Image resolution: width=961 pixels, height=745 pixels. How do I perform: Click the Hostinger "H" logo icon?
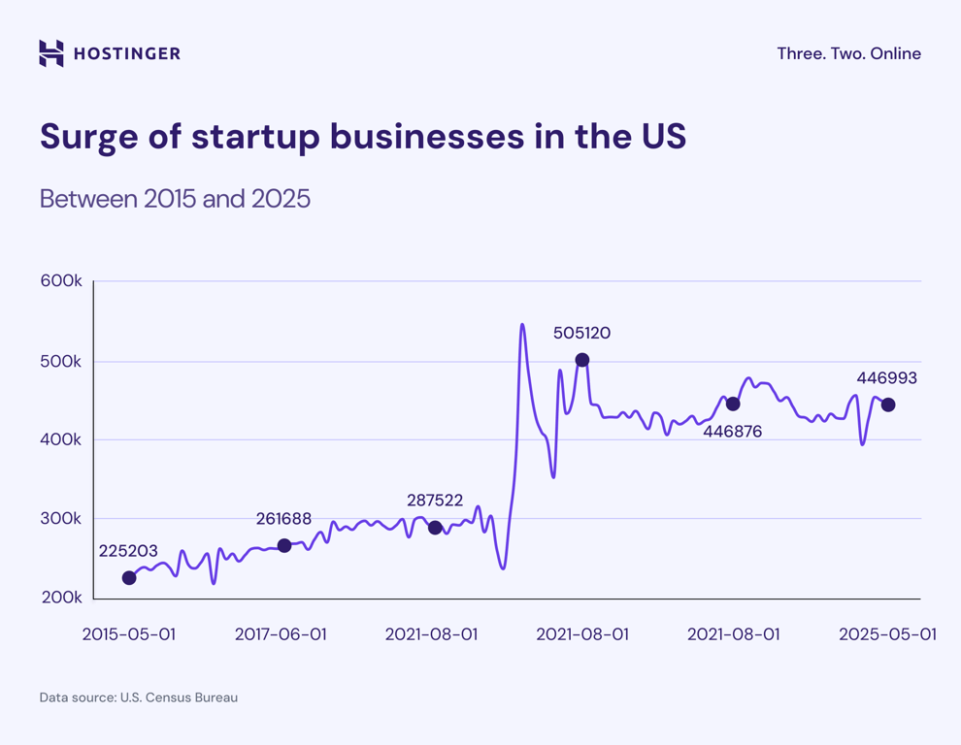point(51,53)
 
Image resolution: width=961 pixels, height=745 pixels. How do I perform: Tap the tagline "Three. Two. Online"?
point(848,53)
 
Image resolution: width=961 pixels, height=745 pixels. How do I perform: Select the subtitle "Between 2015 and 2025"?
point(175,199)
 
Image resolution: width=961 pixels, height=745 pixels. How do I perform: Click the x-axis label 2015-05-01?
point(129,633)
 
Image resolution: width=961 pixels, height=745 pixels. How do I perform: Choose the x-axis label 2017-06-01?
point(281,633)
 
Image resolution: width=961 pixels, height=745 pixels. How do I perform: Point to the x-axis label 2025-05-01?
point(887,633)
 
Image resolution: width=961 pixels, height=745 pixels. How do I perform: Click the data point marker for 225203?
point(129,578)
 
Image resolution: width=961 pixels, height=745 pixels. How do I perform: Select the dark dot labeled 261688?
point(284,546)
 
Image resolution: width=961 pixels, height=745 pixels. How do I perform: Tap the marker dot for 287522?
point(435,528)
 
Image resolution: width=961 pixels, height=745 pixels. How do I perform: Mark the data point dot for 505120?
point(582,360)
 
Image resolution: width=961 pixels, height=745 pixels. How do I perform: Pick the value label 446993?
point(886,378)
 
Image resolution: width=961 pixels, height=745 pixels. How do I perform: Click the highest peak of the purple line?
point(522,325)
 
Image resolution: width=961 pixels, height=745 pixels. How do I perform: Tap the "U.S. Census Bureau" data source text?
point(179,697)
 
